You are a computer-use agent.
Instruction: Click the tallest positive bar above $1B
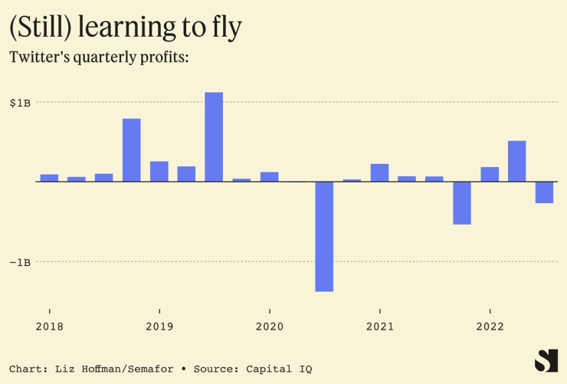click(214, 136)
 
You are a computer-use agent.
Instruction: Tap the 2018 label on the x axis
click(49, 327)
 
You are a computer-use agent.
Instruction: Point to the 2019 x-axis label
click(159, 327)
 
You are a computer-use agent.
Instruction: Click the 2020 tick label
click(270, 327)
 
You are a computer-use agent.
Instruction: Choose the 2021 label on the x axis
click(380, 327)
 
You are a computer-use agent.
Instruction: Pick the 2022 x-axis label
click(490, 327)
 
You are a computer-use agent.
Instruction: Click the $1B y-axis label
click(21, 102)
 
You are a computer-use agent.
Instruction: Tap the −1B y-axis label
click(21, 262)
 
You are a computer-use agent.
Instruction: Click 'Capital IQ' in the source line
click(279, 369)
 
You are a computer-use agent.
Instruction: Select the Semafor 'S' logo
click(546, 360)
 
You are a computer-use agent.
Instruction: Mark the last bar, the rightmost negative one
click(545, 192)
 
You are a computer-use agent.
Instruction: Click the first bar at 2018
click(49, 178)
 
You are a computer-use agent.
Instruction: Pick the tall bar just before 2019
click(132, 150)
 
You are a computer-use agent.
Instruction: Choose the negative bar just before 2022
click(462, 203)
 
